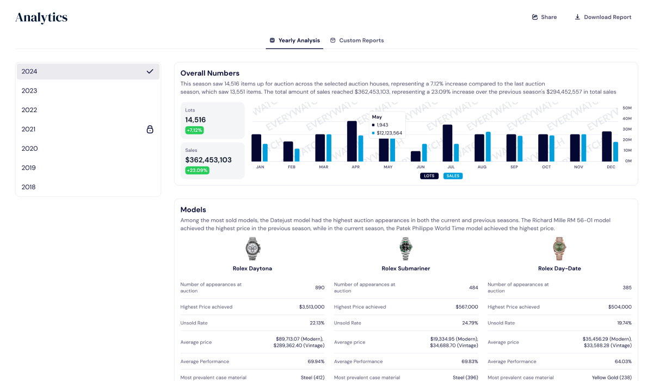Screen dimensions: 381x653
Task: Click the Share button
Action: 544,17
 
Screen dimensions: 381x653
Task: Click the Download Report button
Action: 603,17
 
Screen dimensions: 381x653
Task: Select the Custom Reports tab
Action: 357,40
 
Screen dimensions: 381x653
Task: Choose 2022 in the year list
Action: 29,110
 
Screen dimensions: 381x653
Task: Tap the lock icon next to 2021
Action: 150,130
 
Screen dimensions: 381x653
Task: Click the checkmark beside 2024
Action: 150,71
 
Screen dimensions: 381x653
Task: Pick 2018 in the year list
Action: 29,187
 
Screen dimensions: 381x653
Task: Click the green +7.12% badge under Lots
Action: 194,131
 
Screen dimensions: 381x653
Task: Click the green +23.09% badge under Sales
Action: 197,170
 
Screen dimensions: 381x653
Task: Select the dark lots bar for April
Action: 352,141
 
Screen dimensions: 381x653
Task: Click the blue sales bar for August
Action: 488,146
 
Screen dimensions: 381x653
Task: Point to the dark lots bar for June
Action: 416,156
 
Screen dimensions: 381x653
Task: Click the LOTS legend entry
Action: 429,176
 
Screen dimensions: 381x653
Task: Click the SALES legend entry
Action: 453,176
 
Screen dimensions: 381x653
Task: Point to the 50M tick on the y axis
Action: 627,108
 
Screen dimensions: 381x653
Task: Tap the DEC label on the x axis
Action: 611,167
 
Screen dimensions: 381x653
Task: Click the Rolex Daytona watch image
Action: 252,249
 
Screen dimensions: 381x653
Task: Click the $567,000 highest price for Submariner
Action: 466,307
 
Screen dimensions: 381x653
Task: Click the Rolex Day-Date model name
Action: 559,268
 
